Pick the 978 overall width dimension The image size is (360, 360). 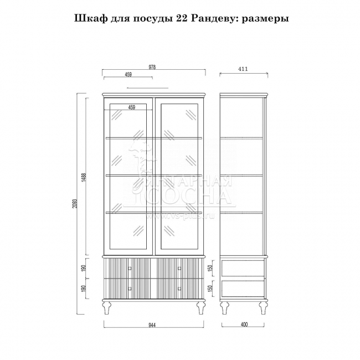click(x=152, y=67)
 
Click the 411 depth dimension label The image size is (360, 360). click(x=243, y=69)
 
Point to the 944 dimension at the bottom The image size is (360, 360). click(x=152, y=325)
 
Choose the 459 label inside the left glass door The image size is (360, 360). click(x=131, y=107)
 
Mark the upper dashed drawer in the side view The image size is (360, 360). click(x=243, y=269)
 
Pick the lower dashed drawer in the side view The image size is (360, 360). click(x=243, y=289)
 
